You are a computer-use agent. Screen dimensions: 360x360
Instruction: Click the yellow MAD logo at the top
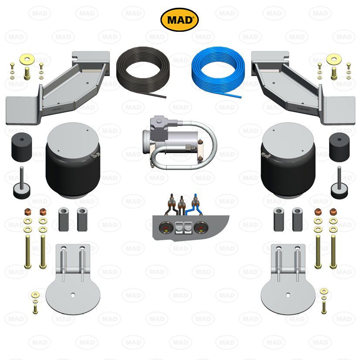[180, 20]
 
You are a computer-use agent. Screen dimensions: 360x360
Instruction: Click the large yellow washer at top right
[333, 58]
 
